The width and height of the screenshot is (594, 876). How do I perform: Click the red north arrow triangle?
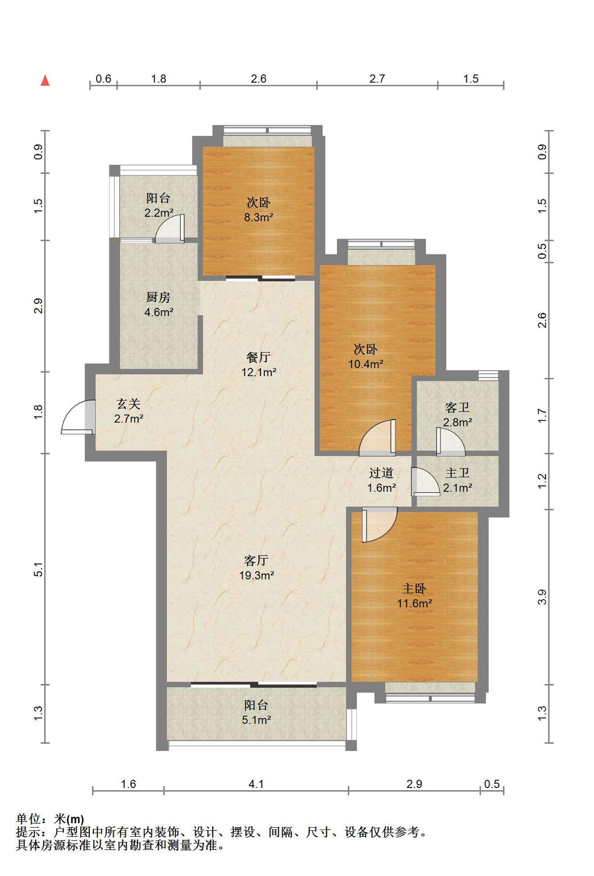(x=45, y=81)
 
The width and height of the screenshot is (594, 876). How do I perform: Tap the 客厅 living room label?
(x=256, y=560)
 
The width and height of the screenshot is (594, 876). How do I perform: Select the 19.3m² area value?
(x=257, y=575)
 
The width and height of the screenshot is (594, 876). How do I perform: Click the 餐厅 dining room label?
(x=258, y=357)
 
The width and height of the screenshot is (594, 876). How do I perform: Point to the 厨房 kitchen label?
(x=158, y=297)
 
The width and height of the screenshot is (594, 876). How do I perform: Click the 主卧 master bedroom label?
(x=414, y=589)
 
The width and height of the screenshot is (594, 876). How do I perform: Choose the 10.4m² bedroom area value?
(x=366, y=364)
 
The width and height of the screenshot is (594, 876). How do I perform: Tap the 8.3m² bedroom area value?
(x=258, y=217)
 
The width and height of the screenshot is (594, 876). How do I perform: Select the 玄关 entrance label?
(x=129, y=404)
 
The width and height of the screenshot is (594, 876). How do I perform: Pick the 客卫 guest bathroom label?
(x=457, y=407)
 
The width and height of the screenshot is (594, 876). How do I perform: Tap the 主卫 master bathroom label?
(x=457, y=473)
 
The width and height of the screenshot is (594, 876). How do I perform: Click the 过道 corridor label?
(x=381, y=473)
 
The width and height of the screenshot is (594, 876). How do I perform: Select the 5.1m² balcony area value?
(x=257, y=720)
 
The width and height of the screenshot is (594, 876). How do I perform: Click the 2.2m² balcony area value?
(x=159, y=213)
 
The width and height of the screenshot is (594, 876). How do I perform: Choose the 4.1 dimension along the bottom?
(x=256, y=784)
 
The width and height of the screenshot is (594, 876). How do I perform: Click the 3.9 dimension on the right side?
(x=542, y=597)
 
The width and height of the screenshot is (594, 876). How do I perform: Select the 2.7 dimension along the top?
(x=377, y=79)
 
